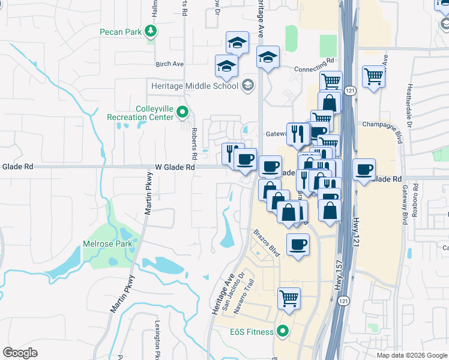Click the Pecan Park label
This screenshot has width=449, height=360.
click(120, 32)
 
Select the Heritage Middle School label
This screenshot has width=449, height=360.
click(205, 86)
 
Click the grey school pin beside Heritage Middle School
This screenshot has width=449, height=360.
click(247, 86)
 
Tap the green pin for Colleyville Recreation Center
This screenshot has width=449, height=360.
click(184, 112)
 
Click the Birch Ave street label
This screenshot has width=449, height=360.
click(169, 64)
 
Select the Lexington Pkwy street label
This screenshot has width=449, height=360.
click(158, 337)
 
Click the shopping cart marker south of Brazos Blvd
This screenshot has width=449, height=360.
click(289, 298)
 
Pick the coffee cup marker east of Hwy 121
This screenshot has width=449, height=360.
click(364, 169)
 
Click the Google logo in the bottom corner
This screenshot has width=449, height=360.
click(20, 353)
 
